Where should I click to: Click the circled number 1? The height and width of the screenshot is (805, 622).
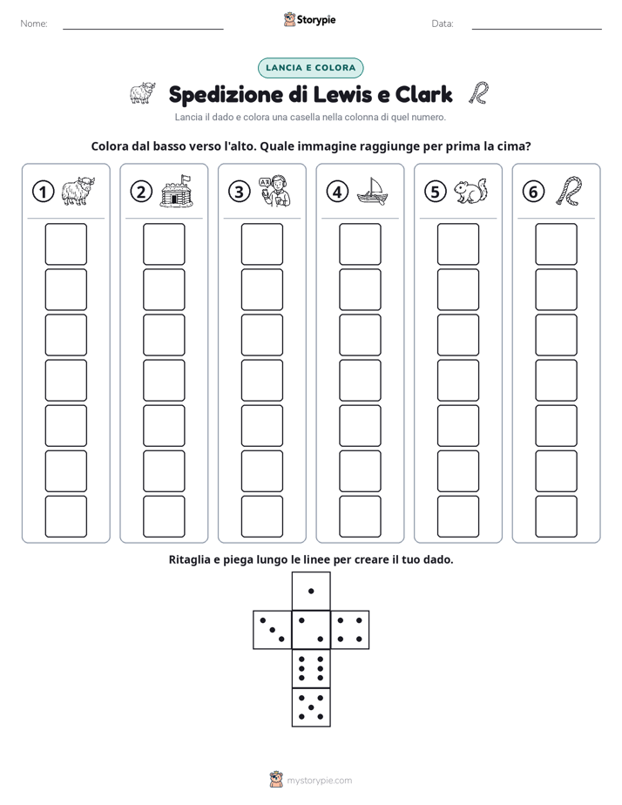43,192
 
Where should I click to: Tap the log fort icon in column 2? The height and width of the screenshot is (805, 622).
176,191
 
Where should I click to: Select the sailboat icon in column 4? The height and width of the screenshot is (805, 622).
373,191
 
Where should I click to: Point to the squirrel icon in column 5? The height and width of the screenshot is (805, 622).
470,192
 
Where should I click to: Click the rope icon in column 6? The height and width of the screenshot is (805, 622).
570,191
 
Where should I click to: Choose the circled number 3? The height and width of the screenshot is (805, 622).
240,192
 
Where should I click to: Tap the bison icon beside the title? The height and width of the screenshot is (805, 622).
142,93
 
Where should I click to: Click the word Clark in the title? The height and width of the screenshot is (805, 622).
423,94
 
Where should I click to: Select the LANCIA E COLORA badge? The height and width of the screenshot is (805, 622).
310,68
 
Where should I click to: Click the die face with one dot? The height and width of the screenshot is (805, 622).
311,592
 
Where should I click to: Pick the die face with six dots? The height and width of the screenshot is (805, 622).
311,668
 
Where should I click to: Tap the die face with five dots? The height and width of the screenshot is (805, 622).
311,707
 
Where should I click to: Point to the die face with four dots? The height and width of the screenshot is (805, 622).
350,630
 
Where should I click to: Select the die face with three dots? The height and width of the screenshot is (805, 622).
273,630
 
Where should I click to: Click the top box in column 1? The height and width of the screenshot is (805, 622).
65,244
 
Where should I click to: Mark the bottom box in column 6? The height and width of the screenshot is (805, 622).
557,517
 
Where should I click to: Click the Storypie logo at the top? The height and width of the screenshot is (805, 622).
310,20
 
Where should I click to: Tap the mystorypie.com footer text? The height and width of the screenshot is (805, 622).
319,781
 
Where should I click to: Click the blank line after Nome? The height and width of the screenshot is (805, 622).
143,29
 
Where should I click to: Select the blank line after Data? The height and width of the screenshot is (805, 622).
537,29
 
